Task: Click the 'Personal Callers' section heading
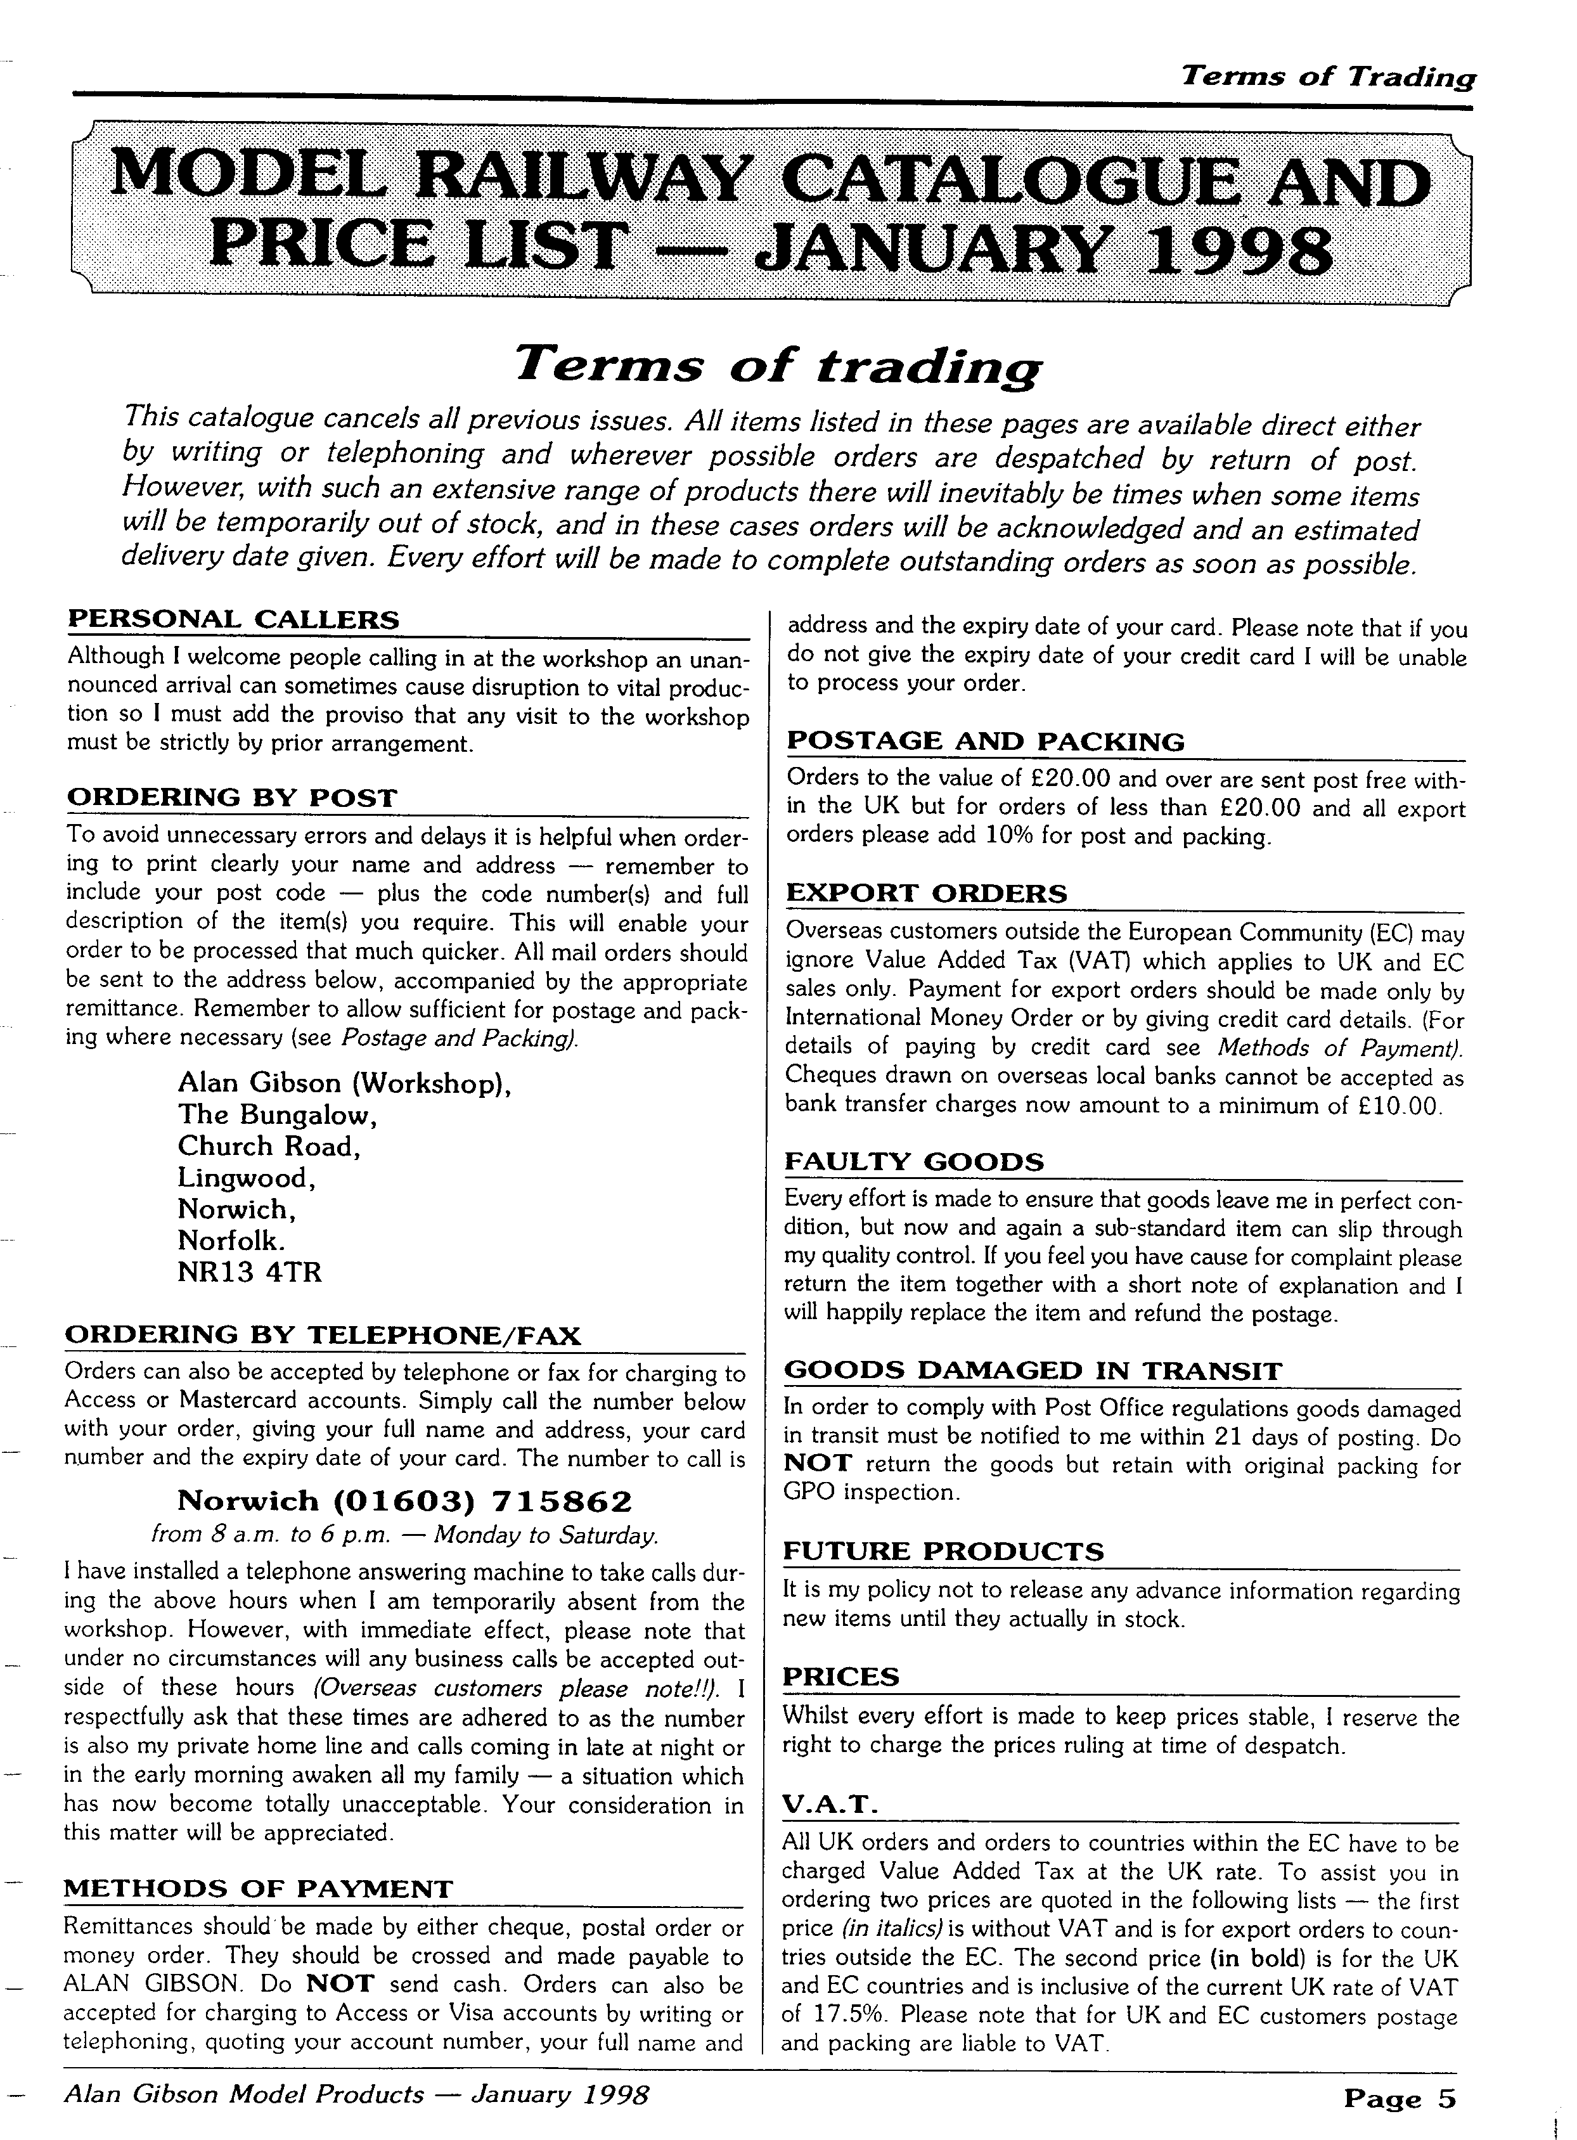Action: coord(234,621)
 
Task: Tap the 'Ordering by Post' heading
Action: coord(231,798)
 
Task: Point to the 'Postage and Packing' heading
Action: coord(985,742)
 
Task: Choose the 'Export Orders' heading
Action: coord(926,894)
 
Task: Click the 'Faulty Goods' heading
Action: coord(915,1163)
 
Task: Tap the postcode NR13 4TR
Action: coord(250,1273)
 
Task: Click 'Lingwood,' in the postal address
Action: coord(247,1178)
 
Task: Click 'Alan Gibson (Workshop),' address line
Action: coord(345,1083)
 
